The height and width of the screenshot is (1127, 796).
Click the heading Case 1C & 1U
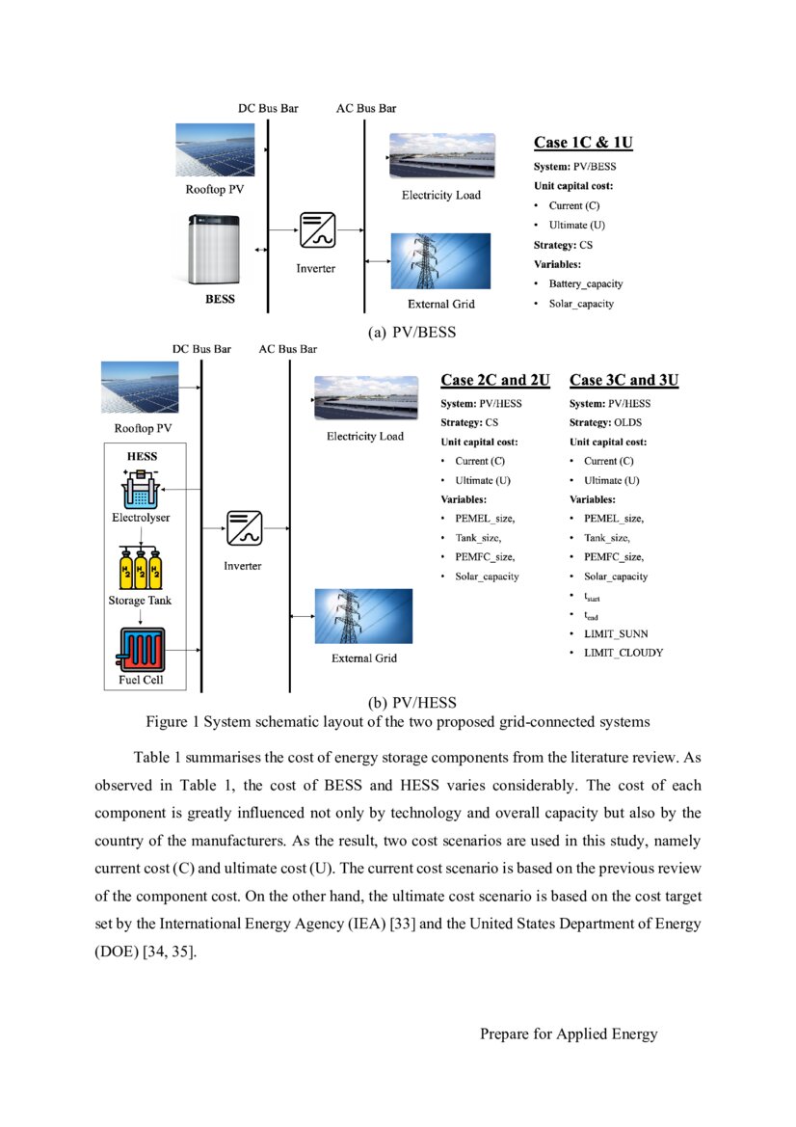pyautogui.click(x=583, y=143)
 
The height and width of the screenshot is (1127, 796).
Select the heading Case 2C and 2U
pyautogui.click(x=495, y=380)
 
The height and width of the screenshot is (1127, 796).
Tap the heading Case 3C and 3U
pyautogui.click(x=624, y=380)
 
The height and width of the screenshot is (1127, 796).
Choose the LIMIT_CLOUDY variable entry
pyautogui.click(x=624, y=653)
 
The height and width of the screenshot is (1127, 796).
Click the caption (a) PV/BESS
pyautogui.click(x=412, y=333)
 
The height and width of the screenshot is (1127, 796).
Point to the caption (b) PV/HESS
pyautogui.click(x=411, y=703)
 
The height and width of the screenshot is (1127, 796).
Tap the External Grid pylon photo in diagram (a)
pyautogui.click(x=440, y=261)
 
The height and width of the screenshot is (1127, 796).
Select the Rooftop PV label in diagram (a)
pyautogui.click(x=215, y=189)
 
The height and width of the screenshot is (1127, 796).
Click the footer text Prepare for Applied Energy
pyautogui.click(x=569, y=1034)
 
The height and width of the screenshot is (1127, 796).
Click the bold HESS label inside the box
pyautogui.click(x=143, y=456)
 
